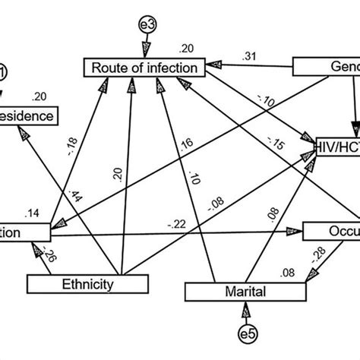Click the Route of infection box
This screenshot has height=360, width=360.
145,68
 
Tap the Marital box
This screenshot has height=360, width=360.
245,291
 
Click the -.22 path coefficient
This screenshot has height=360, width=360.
178,223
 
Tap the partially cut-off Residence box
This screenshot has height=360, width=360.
29,116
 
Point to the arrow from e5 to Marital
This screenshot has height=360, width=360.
245,312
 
